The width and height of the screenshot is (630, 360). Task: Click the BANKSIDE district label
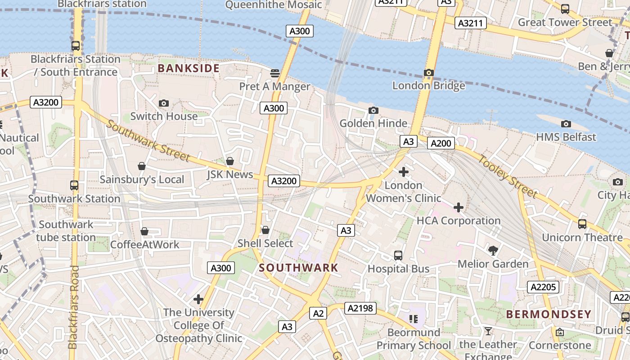pos(189,68)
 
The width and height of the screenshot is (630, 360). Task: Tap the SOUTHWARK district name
pos(298,268)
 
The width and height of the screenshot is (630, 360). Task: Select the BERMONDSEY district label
pos(549,314)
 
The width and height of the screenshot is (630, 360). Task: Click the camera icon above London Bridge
pos(429,72)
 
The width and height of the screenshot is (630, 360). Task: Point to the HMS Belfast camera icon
pos(566,124)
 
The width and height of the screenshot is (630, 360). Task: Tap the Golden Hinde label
pos(373,123)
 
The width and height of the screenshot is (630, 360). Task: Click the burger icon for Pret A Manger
pos(274,73)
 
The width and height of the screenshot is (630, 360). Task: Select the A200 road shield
pos(441,143)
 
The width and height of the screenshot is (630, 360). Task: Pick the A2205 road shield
pos(543,287)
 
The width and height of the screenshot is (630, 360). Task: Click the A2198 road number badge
pos(360,308)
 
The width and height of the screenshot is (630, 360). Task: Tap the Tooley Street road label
pos(507,176)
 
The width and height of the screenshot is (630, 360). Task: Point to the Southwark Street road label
pos(148,140)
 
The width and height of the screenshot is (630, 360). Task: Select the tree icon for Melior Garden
pos(493,250)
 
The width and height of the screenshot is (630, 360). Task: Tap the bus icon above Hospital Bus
pos(398,256)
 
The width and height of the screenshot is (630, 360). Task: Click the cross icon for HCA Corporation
pos(459,207)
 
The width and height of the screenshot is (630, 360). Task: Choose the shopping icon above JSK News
pos(230,161)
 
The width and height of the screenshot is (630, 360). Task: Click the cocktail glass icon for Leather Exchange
pos(488,332)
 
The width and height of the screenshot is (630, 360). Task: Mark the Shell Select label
pos(265,243)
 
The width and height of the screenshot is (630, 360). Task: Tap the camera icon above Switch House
pos(164,103)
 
